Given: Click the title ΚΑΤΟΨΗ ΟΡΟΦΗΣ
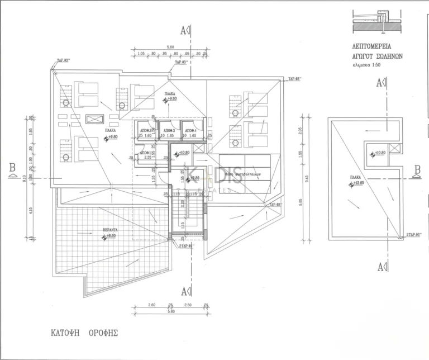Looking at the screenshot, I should click(81, 332).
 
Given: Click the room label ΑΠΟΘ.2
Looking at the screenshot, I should click(146, 130).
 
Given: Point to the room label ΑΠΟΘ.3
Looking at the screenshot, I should click(168, 130).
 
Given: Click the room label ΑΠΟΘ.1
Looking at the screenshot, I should click(145, 152).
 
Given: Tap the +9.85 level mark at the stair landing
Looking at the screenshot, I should click(193, 178).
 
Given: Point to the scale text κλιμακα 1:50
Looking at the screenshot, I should click(373, 65).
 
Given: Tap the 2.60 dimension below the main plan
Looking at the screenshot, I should click(151, 305).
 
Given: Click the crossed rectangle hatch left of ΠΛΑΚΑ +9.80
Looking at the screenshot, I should click(95, 119).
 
